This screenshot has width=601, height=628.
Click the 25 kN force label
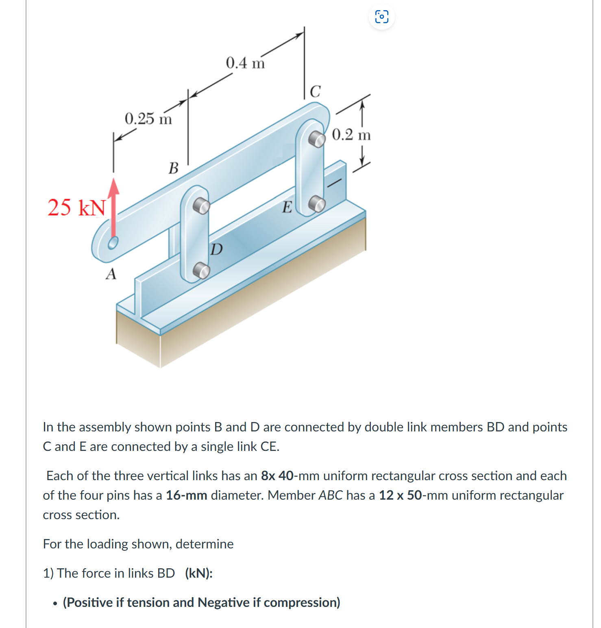[76, 208]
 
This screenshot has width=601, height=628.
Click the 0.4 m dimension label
[245, 63]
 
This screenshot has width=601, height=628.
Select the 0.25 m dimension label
[148, 119]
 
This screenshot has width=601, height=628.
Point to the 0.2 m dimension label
[351, 135]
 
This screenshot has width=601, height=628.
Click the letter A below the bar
[111, 274]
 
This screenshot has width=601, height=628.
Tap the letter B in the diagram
[174, 168]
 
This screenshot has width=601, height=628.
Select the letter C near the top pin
[315, 91]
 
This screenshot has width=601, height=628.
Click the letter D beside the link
[217, 249]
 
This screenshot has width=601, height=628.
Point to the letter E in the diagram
[287, 208]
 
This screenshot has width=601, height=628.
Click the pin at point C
[317, 139]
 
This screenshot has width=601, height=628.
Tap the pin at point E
[317, 204]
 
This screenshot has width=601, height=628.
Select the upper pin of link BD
[201, 206]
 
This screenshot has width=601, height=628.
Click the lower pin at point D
[201, 270]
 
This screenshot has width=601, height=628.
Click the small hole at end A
[113, 243]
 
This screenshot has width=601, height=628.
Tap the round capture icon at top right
[381, 17]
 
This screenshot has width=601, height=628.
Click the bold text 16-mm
[186, 495]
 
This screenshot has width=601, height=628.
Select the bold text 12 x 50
[400, 495]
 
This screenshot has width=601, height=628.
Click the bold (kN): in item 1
[198, 573]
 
